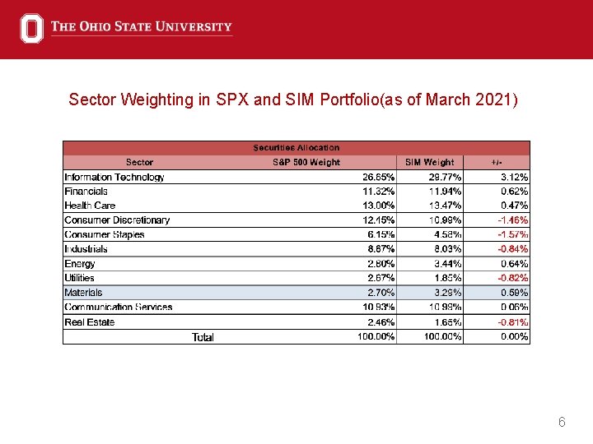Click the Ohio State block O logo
tap(31, 28)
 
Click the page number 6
tap(562, 423)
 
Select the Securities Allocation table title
tap(296, 148)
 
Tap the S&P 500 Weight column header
tap(306, 162)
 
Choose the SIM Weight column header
tap(429, 162)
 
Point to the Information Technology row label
tap(114, 177)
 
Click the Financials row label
tap(86, 192)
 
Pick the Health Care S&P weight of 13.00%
tap(378, 206)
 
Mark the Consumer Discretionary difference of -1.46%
tap(512, 220)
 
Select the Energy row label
tap(80, 264)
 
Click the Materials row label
tap(83, 293)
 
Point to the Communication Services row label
tap(119, 308)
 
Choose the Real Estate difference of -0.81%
tap(512, 322)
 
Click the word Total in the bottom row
tap(203, 337)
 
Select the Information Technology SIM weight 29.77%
tap(445, 177)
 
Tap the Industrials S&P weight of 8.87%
tap(378, 249)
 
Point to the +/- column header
tap(497, 162)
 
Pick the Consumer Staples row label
tap(105, 235)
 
